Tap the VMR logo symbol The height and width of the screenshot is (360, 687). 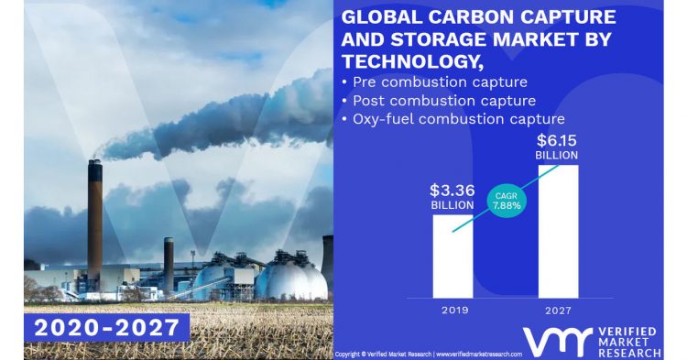point(551,340)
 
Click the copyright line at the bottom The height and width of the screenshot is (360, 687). point(429,354)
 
